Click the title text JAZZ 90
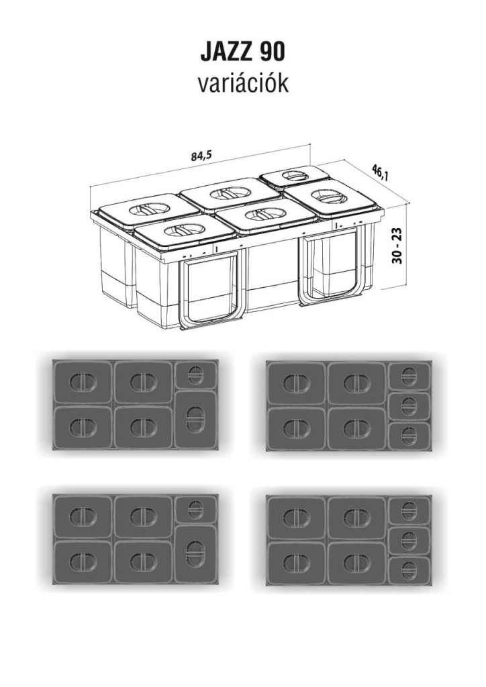242,52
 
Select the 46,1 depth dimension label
380,172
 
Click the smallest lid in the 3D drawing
294,176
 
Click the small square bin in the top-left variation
195,375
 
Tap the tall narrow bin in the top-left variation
195,419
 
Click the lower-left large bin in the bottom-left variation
83,562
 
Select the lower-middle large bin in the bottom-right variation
357,563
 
